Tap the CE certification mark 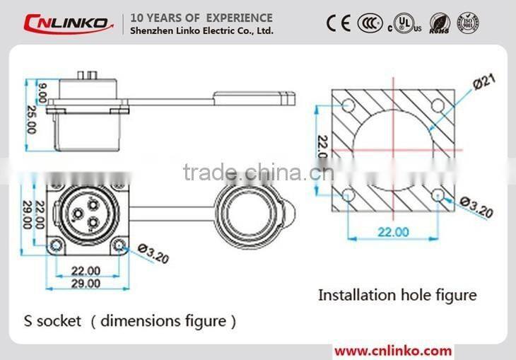339,23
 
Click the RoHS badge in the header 440,23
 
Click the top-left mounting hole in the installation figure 348,105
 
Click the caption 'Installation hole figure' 397,294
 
